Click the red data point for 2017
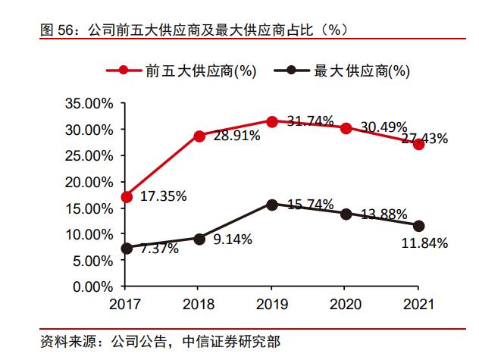click(127, 196)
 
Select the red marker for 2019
click(272, 121)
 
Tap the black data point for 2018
click(199, 239)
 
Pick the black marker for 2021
click(418, 225)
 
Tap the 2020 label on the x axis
click(345, 305)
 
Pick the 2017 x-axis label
click(127, 305)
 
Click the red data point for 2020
click(345, 128)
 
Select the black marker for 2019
click(272, 205)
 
